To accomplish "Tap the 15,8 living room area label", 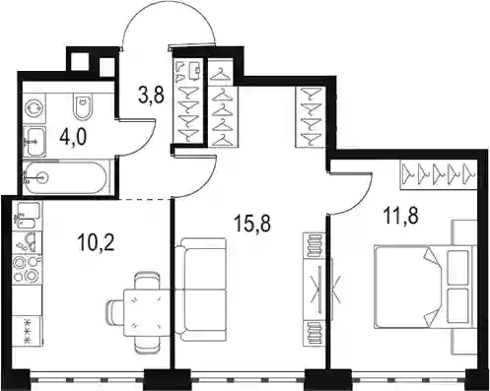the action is coord(252,224).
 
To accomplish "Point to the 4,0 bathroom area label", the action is coord(73,138).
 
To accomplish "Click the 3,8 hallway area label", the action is coord(151,96).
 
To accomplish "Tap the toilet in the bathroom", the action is coord(83,105).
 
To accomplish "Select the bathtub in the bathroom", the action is coord(65,177).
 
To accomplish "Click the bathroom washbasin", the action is coord(35,142).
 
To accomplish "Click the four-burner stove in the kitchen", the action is coord(28,269).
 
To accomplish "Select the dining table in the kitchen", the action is coord(148,313).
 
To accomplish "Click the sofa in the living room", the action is coord(201,290).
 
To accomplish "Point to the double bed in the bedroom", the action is coord(425,288).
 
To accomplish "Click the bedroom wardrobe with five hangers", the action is coord(439,174).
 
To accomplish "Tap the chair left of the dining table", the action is coord(115,312).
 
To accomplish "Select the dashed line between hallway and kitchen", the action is coord(145,199).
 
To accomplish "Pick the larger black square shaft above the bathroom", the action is coord(81,62).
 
